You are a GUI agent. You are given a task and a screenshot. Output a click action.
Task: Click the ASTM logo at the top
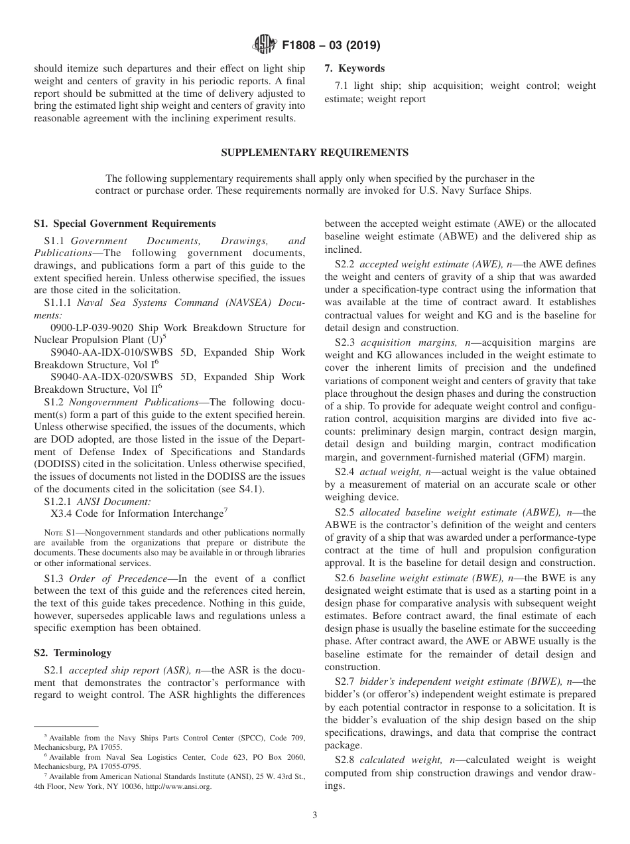pyautogui.click(x=264, y=46)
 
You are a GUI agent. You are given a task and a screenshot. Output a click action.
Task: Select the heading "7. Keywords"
pyautogui.click(x=354, y=68)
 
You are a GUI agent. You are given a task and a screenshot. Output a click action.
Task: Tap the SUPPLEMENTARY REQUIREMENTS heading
pyautogui.click(x=314, y=153)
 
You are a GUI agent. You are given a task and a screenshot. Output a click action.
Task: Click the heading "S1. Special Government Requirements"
pyautogui.click(x=125, y=224)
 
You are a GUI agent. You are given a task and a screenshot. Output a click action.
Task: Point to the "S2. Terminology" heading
pyautogui.click(x=73, y=653)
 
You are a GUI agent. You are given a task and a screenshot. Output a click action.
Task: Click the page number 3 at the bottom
pyautogui.click(x=315, y=815)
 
